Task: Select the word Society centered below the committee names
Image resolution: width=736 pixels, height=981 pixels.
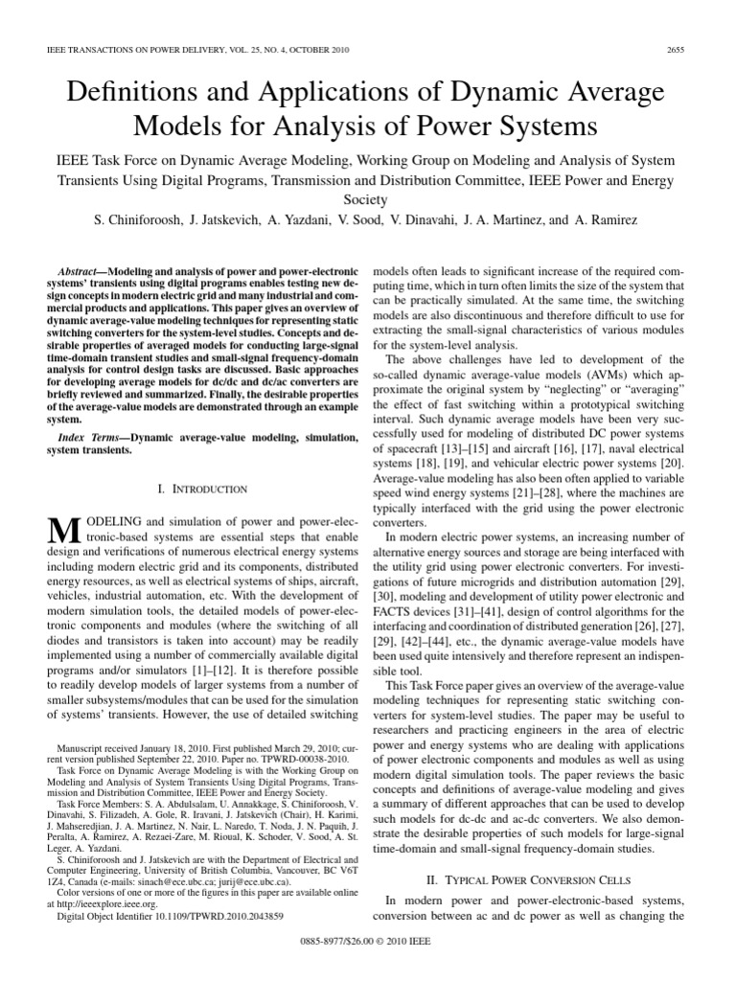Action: coord(367,201)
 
